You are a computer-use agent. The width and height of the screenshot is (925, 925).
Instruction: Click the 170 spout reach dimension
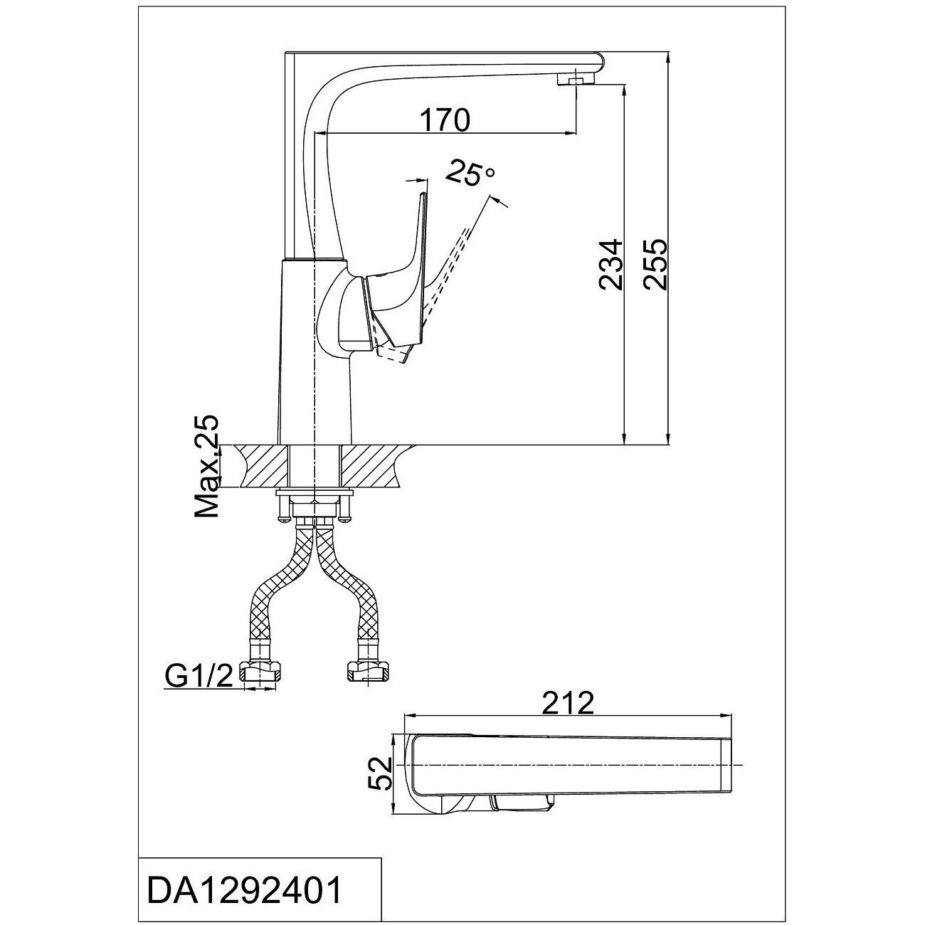tap(445, 120)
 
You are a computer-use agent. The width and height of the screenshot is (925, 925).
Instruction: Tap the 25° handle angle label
tap(470, 174)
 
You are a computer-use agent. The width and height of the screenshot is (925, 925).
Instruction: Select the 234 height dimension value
tap(610, 265)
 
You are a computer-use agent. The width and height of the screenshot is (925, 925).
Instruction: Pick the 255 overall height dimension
tap(655, 265)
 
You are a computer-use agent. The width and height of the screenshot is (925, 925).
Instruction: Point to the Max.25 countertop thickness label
tap(206, 467)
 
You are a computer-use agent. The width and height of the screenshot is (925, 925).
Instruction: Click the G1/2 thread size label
tap(199, 677)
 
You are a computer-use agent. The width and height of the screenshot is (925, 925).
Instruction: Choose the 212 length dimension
tap(569, 704)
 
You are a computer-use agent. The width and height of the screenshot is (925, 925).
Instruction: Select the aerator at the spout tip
tap(576, 80)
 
